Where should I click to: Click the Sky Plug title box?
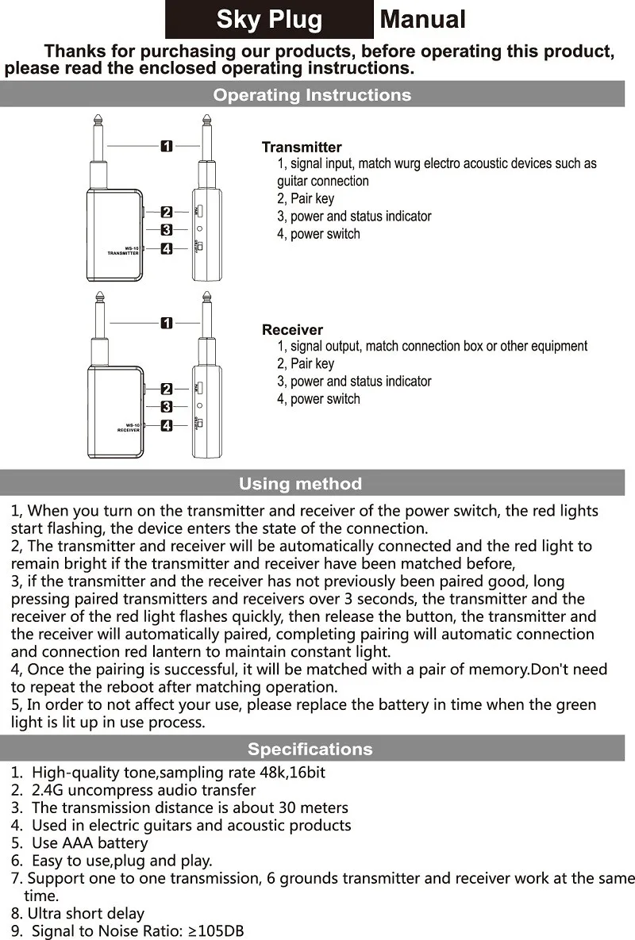click(x=269, y=20)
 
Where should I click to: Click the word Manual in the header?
click(x=423, y=20)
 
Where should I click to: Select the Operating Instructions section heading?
click(x=312, y=95)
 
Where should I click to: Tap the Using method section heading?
click(x=300, y=484)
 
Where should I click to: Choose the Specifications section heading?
click(x=310, y=749)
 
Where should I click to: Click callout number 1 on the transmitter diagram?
click(x=167, y=146)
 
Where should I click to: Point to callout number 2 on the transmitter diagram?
click(x=167, y=212)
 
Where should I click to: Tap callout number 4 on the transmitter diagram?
click(x=167, y=249)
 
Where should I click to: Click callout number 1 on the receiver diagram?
click(x=167, y=323)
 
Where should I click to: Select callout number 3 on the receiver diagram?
click(x=167, y=407)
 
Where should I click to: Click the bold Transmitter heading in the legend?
click(x=302, y=148)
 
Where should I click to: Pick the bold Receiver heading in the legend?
click(x=292, y=330)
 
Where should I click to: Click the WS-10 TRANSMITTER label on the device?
click(x=123, y=250)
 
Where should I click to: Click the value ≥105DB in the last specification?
click(x=216, y=931)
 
